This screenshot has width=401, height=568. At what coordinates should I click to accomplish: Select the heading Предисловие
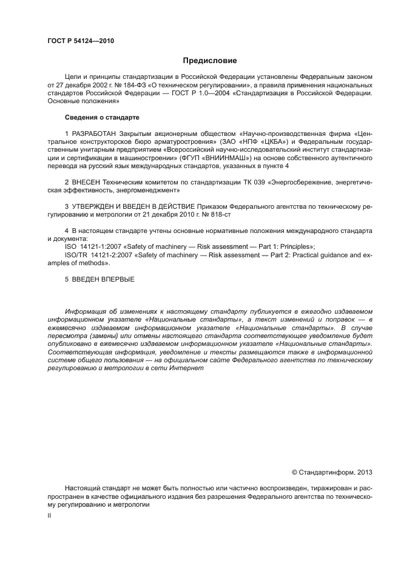(x=210, y=61)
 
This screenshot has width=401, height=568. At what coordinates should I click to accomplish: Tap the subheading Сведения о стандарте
(x=102, y=117)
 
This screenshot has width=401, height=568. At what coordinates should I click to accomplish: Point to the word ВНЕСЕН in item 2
(x=86, y=181)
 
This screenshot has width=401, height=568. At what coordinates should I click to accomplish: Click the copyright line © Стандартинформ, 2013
(x=332, y=472)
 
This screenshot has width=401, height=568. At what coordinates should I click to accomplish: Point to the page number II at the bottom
(x=49, y=515)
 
